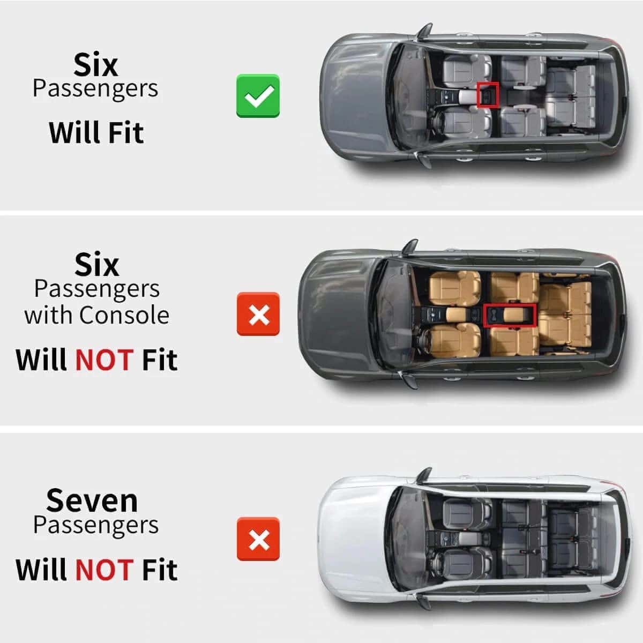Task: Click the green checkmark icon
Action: pos(258,96)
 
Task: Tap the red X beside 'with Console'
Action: pos(258,314)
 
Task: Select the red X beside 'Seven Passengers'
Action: pos(258,539)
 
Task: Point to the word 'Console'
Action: pos(124,315)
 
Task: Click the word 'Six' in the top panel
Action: pos(96,65)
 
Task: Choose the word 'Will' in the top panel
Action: pos(74,132)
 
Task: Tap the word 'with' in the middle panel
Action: pos(50,315)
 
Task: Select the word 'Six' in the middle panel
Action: pos(97,265)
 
